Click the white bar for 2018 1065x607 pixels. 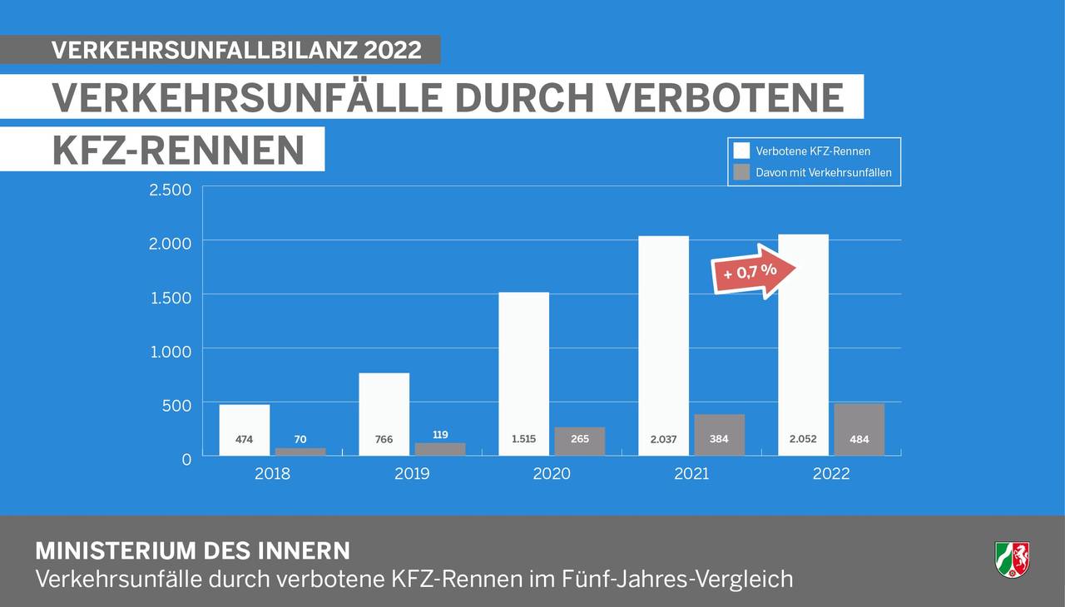(x=245, y=420)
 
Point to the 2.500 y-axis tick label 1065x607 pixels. (x=170, y=190)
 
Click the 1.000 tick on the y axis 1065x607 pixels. (x=170, y=352)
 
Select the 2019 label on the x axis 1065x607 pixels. (x=412, y=474)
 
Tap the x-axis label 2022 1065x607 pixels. (x=831, y=474)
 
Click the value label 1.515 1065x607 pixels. (x=523, y=439)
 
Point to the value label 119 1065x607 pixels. (x=440, y=435)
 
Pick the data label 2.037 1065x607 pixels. (x=663, y=439)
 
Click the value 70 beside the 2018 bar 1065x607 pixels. (x=300, y=439)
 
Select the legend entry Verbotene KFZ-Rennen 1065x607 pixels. (x=812, y=151)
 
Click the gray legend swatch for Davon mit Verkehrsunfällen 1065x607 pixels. (x=741, y=172)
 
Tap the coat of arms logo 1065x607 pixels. (x=1012, y=559)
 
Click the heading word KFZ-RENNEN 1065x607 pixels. (x=178, y=150)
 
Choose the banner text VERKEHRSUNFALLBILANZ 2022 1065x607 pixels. (x=236, y=50)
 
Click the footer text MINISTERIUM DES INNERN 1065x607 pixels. (x=192, y=551)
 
